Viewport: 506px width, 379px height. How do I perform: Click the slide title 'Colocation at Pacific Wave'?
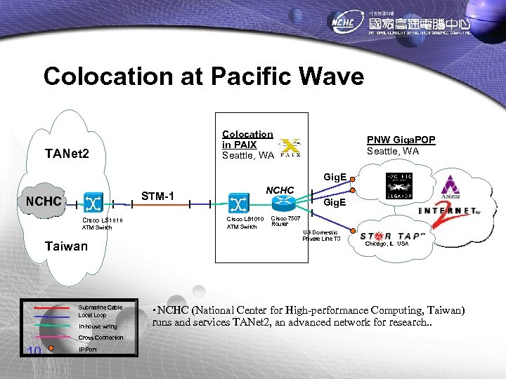coord(204,76)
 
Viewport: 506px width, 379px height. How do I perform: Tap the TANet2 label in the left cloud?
coord(67,153)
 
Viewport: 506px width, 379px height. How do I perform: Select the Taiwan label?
coord(66,246)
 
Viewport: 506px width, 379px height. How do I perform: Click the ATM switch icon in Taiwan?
coord(93,203)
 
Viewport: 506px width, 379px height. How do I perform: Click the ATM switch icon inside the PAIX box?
coord(237,203)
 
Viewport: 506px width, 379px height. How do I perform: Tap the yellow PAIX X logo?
coord(290,147)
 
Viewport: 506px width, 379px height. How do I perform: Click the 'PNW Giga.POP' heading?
coord(401,140)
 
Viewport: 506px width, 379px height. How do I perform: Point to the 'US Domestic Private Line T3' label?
coord(321,236)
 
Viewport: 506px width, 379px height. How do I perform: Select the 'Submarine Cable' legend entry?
coord(100,307)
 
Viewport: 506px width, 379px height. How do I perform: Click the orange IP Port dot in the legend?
coord(51,349)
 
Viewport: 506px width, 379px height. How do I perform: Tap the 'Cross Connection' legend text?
coord(100,338)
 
